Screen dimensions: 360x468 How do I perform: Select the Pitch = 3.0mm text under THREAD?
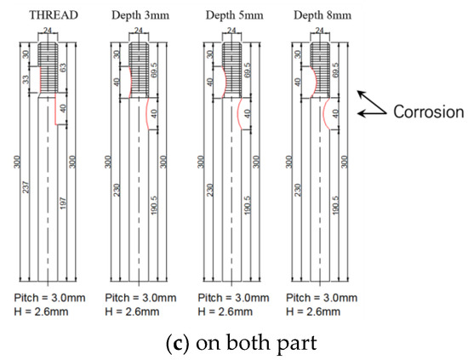pyautogui.click(x=46, y=299)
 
